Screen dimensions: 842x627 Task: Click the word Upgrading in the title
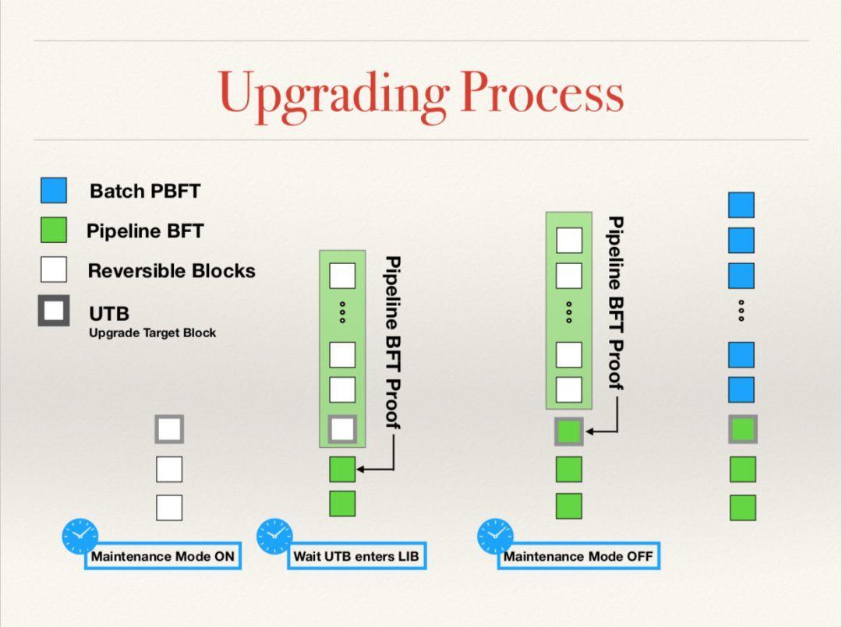coord(334,96)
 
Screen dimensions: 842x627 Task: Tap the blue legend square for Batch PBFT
coord(54,190)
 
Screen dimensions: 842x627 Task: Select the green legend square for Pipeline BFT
coord(54,230)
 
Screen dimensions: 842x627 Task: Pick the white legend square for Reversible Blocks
coord(54,269)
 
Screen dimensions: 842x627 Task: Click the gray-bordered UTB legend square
coord(54,311)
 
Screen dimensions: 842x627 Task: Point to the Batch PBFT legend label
coord(145,191)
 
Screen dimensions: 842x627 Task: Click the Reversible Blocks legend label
coord(172,271)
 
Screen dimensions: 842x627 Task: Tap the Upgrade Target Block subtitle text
coord(153,333)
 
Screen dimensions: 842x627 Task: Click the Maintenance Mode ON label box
coord(163,556)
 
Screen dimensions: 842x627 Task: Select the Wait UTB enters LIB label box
coord(356,556)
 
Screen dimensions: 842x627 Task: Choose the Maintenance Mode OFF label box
coord(578,556)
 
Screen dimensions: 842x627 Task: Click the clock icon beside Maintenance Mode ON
coord(80,536)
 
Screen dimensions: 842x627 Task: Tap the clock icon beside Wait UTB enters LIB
coord(274,536)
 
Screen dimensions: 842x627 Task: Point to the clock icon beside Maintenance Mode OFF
coord(495,536)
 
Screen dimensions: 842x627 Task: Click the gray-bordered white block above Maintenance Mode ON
coord(169,429)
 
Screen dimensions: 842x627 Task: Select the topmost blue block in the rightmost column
coord(741,205)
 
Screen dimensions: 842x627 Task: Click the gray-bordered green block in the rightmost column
coord(743,429)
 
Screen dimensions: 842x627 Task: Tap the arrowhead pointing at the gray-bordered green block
coord(590,432)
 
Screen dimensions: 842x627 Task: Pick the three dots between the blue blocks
coord(741,311)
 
